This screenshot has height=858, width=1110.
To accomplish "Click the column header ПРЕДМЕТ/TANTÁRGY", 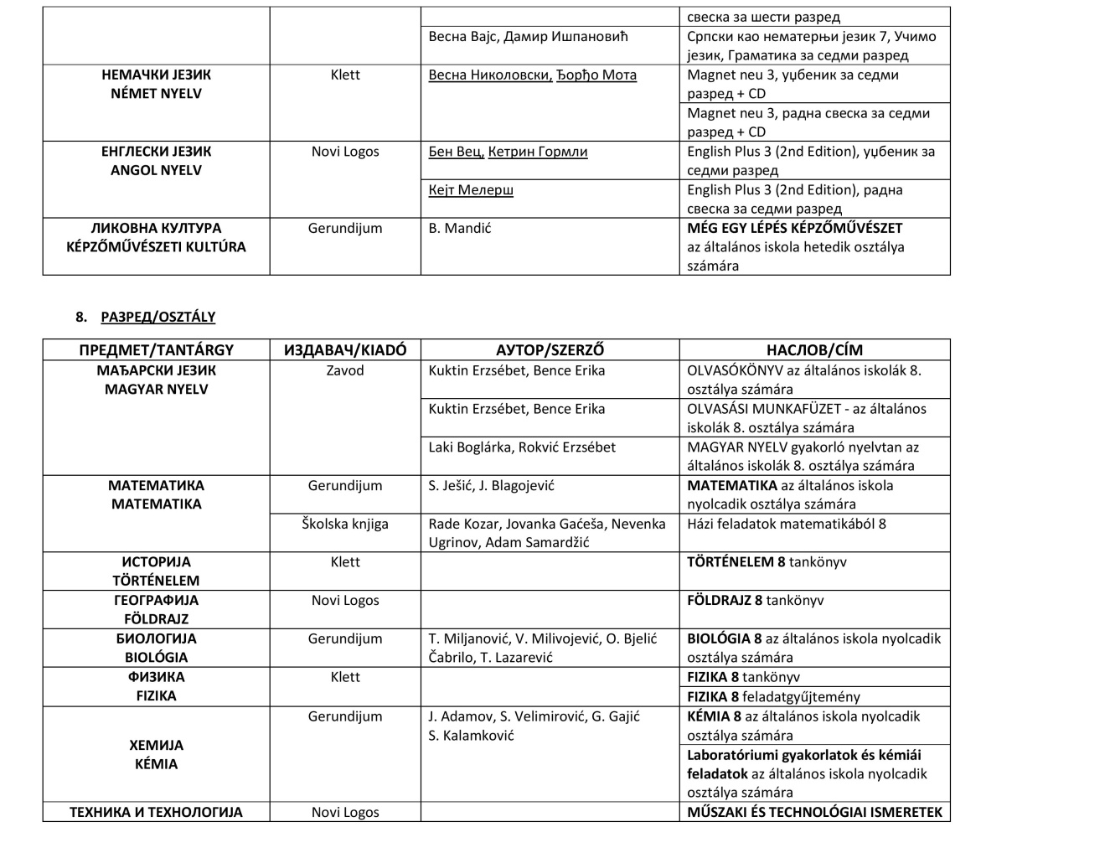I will pos(156,350).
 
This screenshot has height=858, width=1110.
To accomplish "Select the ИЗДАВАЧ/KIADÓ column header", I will pos(345,350).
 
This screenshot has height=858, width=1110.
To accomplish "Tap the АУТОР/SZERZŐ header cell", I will pos(550,350).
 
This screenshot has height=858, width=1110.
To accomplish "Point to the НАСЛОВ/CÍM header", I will pos(814,350).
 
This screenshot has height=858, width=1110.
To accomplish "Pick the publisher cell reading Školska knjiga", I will pos(345,524).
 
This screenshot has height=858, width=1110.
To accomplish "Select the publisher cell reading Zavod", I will pos(345,370).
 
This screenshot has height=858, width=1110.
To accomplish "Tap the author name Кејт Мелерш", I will pos(471,190).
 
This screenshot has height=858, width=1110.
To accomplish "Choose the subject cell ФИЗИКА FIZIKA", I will pos(156,686).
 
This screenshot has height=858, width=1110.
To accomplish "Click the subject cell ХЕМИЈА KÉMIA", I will pos(156,754).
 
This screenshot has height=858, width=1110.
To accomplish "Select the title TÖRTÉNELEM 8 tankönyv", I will pos(767,562).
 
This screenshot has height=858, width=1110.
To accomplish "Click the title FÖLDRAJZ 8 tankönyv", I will pos(755,601).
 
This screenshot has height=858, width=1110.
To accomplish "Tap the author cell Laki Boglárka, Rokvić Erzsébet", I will pos(521,447).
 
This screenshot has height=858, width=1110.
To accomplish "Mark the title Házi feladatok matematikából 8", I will pos(786,524).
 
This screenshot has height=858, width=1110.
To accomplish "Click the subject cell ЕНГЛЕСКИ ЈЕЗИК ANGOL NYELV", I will pos(156,161).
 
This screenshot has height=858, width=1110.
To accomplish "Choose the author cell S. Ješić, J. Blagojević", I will pos(491,486).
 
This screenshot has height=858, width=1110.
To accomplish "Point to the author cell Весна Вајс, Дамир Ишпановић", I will pos(528,37).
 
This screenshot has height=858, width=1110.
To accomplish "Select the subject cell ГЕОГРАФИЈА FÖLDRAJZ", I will pos(156,609).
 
